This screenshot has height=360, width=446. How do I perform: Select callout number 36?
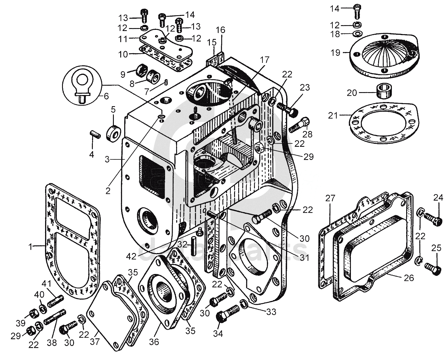[154, 341]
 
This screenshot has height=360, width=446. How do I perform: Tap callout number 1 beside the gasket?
[30, 247]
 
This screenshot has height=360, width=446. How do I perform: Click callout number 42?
[131, 256]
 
